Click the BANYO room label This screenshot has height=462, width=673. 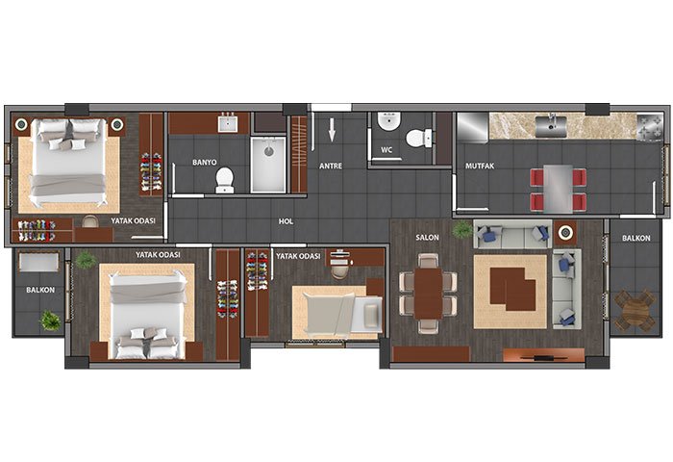(204, 163)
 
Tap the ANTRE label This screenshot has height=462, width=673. (331, 166)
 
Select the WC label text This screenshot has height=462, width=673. (386, 150)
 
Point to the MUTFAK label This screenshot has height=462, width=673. (480, 166)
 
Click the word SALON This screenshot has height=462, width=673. (427, 237)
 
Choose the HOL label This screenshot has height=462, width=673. (286, 221)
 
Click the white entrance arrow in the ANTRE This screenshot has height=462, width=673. (332, 130)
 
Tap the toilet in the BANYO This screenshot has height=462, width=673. (224, 181)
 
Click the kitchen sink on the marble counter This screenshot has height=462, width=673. (551, 125)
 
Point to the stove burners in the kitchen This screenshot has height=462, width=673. (649, 127)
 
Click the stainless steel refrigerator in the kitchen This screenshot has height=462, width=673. (473, 128)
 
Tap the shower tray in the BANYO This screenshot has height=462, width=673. (268, 165)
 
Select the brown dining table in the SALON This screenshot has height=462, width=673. (428, 294)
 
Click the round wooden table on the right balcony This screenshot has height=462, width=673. (635, 309)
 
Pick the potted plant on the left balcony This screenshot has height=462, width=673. (50, 321)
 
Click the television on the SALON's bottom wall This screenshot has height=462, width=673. (543, 356)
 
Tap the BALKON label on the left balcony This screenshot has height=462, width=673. (40, 290)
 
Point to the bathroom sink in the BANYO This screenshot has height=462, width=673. (227, 124)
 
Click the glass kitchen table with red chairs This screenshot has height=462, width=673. (558, 189)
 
